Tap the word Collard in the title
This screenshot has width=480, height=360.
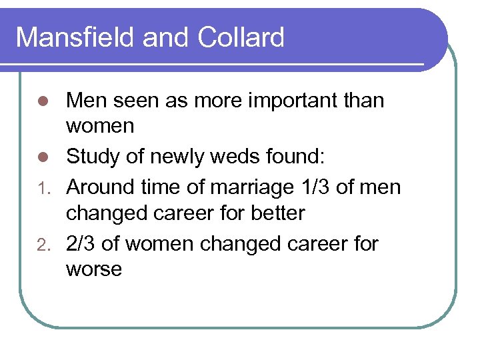pyautogui.click(x=241, y=37)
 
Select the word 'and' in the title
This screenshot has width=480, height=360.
pyautogui.click(x=167, y=37)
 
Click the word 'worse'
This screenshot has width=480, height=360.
pyautogui.click(x=94, y=270)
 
